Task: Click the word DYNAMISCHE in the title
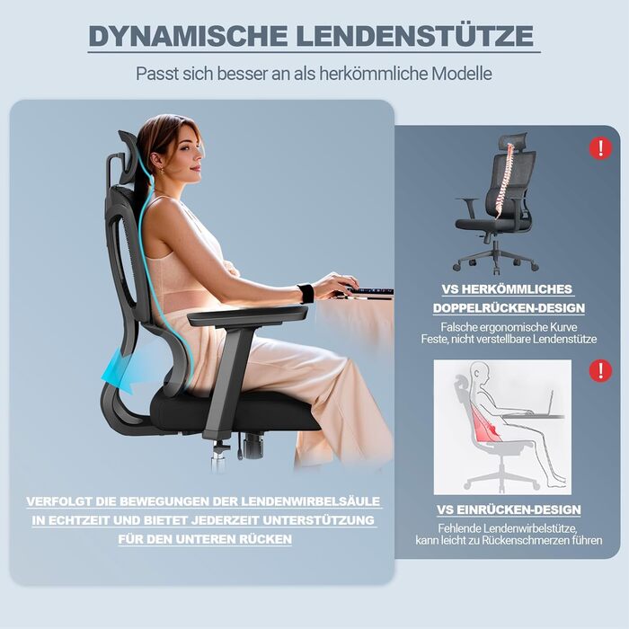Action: coord(188,36)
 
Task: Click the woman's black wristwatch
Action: coord(307,293)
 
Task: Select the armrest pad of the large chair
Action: coord(247,314)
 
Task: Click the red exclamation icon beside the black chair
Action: coord(600,148)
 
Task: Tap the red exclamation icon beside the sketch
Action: coord(600,370)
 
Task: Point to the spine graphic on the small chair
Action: coord(504,181)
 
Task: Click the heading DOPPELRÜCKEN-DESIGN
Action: coord(509,308)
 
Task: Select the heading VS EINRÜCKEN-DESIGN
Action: coord(509,509)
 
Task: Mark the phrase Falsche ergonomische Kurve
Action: coord(509,327)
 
